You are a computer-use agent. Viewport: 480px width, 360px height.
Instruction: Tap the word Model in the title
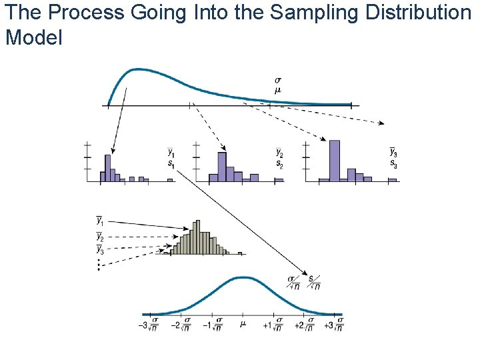33,37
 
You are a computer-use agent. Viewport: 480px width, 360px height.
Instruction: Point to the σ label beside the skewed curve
277,81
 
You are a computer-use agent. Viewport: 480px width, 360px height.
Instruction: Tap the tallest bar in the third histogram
335,160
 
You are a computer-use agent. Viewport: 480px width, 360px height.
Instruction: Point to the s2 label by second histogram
279,165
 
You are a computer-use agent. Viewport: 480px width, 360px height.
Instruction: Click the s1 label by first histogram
171,165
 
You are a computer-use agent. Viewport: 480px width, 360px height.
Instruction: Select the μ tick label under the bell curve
243,325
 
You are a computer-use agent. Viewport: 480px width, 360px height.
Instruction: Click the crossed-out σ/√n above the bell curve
293,283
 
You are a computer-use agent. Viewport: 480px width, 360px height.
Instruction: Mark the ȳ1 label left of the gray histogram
100,220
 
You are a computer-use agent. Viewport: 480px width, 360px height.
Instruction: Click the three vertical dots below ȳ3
99,265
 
